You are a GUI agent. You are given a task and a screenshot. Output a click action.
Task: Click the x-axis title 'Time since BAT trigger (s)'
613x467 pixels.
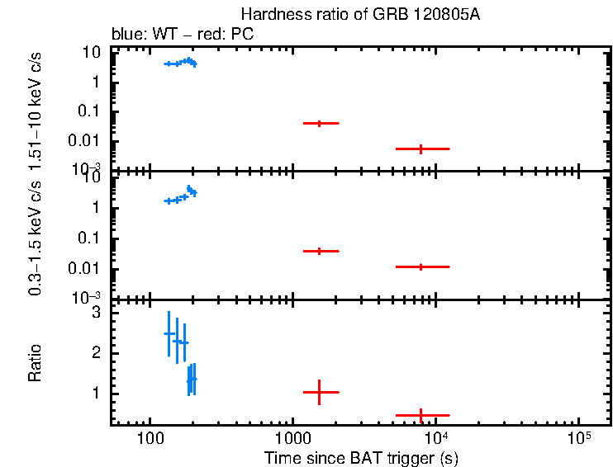click(361, 457)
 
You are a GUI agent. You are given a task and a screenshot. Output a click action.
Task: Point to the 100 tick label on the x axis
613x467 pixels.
click(150, 436)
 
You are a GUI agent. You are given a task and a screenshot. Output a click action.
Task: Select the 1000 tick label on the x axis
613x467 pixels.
click(292, 436)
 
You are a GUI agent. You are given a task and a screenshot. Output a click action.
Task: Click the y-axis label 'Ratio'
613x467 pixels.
click(36, 364)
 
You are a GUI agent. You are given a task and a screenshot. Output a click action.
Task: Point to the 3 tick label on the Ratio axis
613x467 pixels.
click(96, 313)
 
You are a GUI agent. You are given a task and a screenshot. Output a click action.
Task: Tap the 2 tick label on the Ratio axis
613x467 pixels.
click(96, 353)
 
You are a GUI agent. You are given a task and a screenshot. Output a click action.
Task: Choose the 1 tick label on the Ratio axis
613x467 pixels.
click(96, 394)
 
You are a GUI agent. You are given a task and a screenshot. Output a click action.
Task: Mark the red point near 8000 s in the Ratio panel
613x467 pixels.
click(421, 415)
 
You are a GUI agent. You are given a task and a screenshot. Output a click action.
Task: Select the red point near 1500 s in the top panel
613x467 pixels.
click(318, 123)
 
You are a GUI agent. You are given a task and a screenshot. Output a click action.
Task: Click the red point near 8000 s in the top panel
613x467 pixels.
click(421, 149)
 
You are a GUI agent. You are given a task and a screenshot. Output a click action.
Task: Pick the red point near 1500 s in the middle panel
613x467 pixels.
click(318, 251)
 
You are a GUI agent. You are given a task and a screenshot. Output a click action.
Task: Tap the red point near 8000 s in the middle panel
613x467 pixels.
click(421, 267)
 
